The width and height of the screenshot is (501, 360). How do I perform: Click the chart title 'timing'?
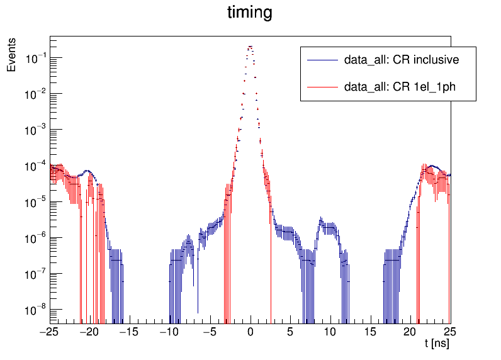tap(250, 13)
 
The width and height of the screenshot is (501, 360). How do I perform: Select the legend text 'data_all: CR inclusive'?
tap(401, 61)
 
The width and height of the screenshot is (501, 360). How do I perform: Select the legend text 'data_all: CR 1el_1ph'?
tap(400, 87)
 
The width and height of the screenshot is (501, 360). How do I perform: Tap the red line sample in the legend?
tap(322, 87)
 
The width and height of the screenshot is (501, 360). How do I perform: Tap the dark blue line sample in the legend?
tap(322, 61)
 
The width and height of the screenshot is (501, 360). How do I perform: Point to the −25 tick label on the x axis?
tap(50, 332)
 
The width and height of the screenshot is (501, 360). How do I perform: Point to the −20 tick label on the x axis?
tap(90, 332)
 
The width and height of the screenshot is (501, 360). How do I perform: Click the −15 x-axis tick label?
tap(130, 332)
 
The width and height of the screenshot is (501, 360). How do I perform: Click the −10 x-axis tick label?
tap(170, 332)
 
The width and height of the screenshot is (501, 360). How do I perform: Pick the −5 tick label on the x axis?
tap(210, 332)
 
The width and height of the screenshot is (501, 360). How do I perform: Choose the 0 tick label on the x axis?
tap(250, 332)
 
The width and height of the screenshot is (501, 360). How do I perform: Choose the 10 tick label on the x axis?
tap(330, 332)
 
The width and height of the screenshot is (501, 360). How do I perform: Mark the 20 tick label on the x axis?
tap(410, 332)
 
